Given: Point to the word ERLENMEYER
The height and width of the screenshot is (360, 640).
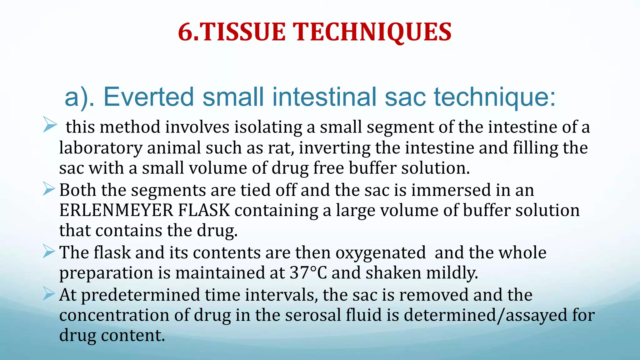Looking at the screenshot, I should tap(116, 210).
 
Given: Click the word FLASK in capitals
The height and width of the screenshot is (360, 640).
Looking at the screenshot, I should tap(204, 210).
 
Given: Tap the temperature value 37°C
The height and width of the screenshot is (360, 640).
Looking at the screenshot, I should tap(308, 273).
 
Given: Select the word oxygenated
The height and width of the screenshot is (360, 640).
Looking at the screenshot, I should tap(381, 252).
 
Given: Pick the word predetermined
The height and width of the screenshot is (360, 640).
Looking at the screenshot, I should tap(140, 295).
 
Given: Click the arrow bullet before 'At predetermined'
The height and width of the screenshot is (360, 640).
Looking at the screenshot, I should tap(49, 293).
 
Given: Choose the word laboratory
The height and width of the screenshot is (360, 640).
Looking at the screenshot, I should tap(101, 148).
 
